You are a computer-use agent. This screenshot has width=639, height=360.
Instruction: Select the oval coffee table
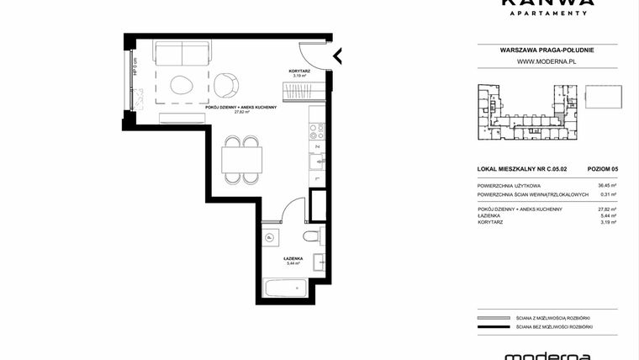182,84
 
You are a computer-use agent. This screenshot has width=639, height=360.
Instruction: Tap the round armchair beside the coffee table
225,84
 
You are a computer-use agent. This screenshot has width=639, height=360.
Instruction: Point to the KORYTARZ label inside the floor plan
298,71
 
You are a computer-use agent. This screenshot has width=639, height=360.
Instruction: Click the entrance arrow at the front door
338,56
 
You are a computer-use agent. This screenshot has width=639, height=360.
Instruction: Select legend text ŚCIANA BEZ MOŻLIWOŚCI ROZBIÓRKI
556,326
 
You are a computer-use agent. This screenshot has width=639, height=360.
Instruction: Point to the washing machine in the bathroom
270,238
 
